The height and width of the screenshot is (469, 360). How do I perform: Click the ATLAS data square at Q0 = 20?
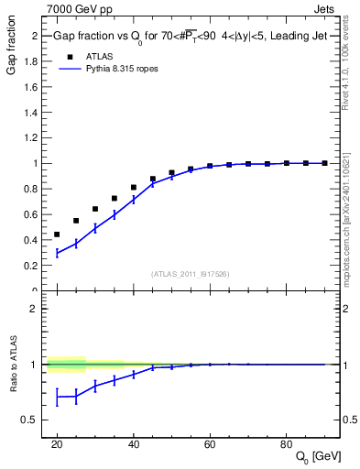click(x=57, y=234)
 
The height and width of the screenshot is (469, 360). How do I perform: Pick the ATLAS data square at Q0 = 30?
click(x=95, y=209)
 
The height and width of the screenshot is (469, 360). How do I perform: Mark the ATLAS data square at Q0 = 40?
click(x=134, y=187)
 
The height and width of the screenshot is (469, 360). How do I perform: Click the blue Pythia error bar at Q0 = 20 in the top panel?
click(x=57, y=253)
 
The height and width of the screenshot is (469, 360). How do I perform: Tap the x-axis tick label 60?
click(x=210, y=443)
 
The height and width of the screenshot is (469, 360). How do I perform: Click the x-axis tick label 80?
click(x=287, y=443)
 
